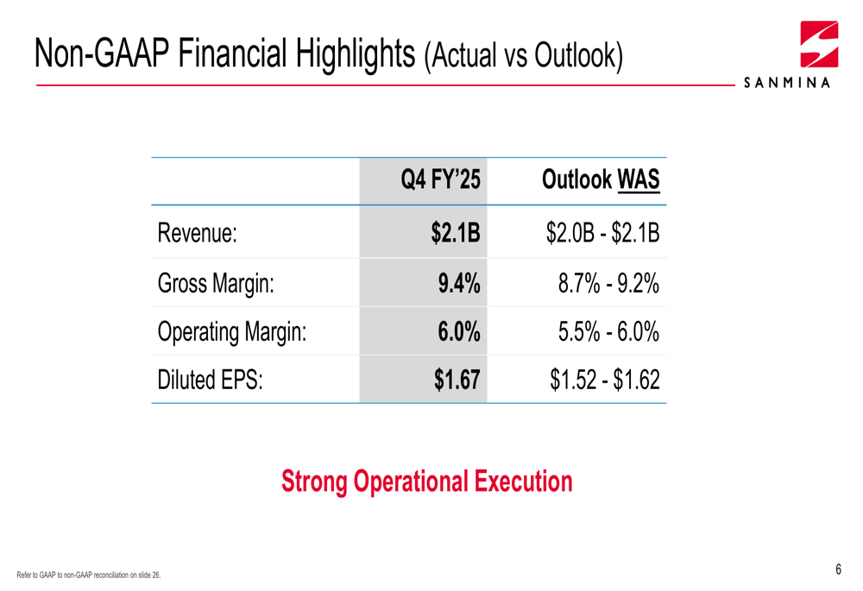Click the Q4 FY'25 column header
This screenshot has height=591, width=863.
click(x=440, y=180)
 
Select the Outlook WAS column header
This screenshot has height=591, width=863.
click(x=601, y=180)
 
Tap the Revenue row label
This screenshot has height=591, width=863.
click(x=197, y=233)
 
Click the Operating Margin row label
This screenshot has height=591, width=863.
click(x=231, y=331)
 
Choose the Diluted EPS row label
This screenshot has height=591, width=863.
click(x=209, y=380)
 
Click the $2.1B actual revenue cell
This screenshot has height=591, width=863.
click(x=456, y=233)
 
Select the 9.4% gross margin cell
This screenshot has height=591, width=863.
click(x=457, y=282)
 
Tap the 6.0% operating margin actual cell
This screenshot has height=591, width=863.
click(x=458, y=331)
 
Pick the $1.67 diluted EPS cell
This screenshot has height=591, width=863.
click(x=457, y=380)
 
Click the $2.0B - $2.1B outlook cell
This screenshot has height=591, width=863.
click(x=603, y=233)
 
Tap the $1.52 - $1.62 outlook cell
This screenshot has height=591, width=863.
click(x=605, y=380)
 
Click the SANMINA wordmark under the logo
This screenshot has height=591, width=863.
click(x=786, y=84)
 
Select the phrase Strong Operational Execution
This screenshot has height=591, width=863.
click(x=427, y=481)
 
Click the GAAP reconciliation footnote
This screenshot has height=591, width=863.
click(x=89, y=575)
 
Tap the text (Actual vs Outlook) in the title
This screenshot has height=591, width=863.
click(x=523, y=56)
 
